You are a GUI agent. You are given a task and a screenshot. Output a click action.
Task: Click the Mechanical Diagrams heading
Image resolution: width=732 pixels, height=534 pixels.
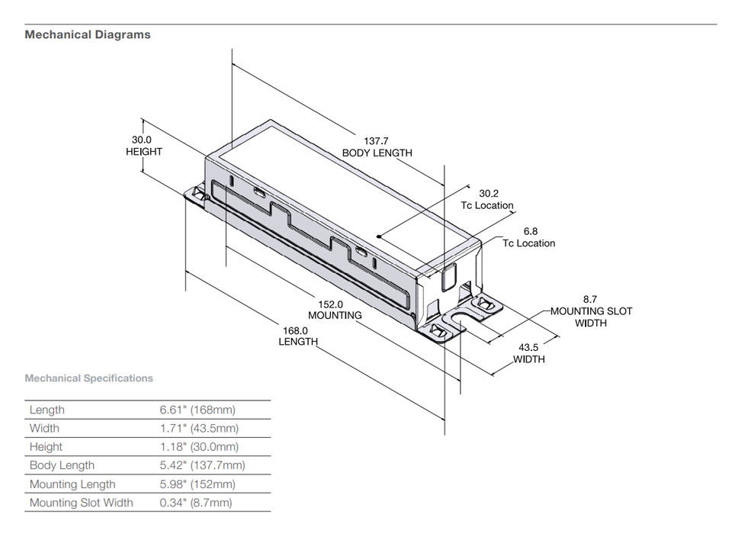point(88,34)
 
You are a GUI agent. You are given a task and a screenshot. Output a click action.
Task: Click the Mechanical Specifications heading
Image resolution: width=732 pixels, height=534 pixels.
point(88,378)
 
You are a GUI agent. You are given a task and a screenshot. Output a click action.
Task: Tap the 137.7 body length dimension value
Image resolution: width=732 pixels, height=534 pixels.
point(376,141)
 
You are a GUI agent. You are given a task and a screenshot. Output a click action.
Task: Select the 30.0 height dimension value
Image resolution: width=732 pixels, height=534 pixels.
point(142,140)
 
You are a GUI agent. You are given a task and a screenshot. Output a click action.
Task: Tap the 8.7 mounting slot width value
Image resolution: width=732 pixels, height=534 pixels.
point(590,300)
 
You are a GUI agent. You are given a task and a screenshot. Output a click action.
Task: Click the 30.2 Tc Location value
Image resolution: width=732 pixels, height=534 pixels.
point(488,194)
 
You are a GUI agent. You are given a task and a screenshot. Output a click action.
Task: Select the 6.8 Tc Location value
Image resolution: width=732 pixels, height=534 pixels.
point(530,231)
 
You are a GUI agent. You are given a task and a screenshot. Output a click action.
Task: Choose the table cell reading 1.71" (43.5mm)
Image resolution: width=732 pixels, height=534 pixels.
point(198,429)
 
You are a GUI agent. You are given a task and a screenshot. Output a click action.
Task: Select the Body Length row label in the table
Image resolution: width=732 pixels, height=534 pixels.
point(62,465)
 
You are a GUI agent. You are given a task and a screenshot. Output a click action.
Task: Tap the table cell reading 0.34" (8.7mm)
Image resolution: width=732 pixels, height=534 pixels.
point(196,503)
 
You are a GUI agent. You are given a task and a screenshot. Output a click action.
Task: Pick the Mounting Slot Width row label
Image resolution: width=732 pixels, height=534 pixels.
point(81,503)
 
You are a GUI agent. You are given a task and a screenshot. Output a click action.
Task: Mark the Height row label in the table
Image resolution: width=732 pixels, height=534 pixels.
point(46,447)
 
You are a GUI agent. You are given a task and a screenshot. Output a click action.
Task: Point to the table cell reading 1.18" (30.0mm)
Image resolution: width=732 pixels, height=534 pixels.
point(198,447)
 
